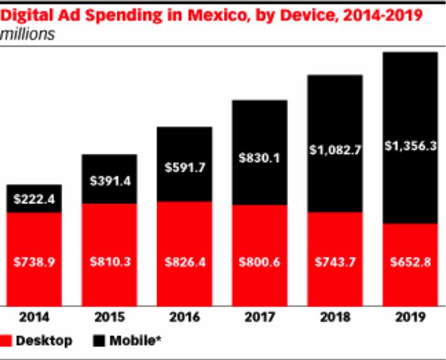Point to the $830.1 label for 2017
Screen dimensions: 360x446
[260, 158]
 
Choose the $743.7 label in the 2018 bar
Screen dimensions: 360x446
[335, 262]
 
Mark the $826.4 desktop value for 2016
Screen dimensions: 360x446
[185, 262]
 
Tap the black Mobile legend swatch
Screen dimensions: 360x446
[98, 341]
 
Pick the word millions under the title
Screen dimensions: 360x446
[28, 35]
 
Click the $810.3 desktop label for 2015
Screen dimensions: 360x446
[109, 262]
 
